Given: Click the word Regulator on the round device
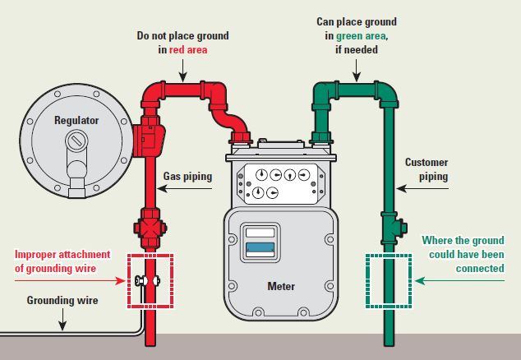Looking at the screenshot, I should click(76, 120).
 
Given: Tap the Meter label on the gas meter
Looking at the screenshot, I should click(281, 287).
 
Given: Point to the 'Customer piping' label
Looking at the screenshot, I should click(426, 169).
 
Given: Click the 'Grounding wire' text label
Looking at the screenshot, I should click(62, 301).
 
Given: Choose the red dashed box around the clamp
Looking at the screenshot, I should click(150, 281).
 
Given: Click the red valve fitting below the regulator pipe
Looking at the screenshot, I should click(150, 227).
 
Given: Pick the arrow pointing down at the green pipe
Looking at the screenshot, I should click(351, 72).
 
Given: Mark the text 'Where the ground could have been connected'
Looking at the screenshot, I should click(465, 254).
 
